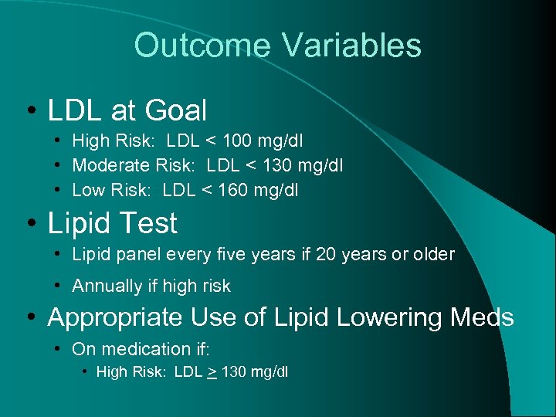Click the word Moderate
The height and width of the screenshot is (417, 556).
(x=107, y=165)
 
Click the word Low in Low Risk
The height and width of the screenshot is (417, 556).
(x=87, y=189)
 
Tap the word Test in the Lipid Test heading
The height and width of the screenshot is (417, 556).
(x=146, y=223)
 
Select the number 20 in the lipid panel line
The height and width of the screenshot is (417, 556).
(x=326, y=254)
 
